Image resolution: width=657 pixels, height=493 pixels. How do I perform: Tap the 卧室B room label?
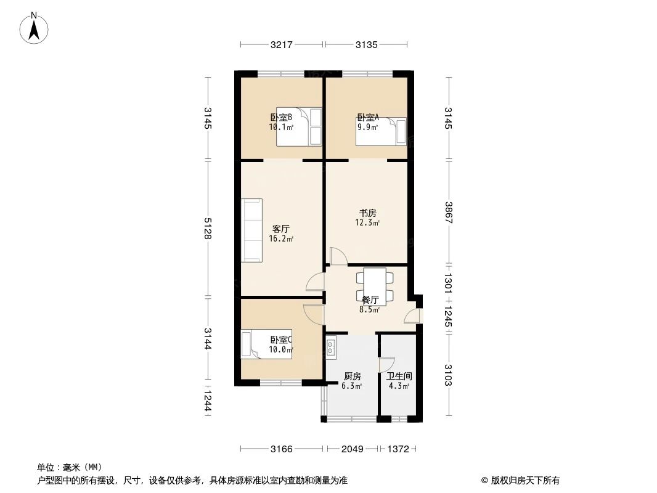(x=280, y=118)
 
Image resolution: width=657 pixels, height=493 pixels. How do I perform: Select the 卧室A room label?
(x=368, y=118)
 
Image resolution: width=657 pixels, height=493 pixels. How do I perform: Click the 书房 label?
(x=368, y=213)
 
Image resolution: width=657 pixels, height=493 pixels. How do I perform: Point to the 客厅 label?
(x=280, y=229)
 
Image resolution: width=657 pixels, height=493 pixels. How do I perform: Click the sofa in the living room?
(x=252, y=229)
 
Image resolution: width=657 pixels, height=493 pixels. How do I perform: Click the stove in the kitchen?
(x=332, y=349)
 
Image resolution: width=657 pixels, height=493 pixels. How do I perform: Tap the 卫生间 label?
(x=399, y=376)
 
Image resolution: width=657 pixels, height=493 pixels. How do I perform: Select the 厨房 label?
(x=352, y=376)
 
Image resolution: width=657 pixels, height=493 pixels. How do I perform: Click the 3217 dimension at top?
(x=281, y=44)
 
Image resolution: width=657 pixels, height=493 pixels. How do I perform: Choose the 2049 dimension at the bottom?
(x=353, y=449)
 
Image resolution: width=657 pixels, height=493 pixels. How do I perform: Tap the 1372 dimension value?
(x=398, y=449)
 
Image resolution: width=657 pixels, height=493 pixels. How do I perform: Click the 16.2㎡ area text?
(x=280, y=238)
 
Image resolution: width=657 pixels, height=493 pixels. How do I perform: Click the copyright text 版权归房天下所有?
(x=524, y=480)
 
